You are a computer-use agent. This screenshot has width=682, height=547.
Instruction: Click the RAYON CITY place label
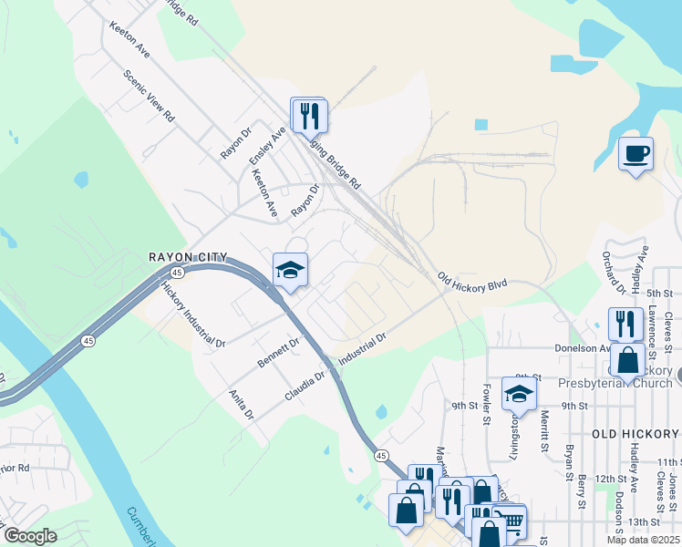[188, 258]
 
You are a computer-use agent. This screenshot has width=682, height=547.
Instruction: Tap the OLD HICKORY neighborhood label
[636, 433]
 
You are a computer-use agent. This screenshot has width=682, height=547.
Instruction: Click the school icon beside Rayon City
[290, 270]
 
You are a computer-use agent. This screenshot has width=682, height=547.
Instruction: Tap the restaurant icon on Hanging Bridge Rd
[308, 115]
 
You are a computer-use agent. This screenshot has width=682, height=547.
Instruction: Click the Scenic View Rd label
[150, 98]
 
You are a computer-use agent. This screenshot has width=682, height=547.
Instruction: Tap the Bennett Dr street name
[278, 352]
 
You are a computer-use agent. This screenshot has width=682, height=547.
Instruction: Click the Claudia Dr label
[305, 386]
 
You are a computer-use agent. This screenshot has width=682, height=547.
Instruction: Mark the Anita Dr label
[242, 404]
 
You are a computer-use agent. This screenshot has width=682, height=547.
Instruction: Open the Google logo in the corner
[31, 536]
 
